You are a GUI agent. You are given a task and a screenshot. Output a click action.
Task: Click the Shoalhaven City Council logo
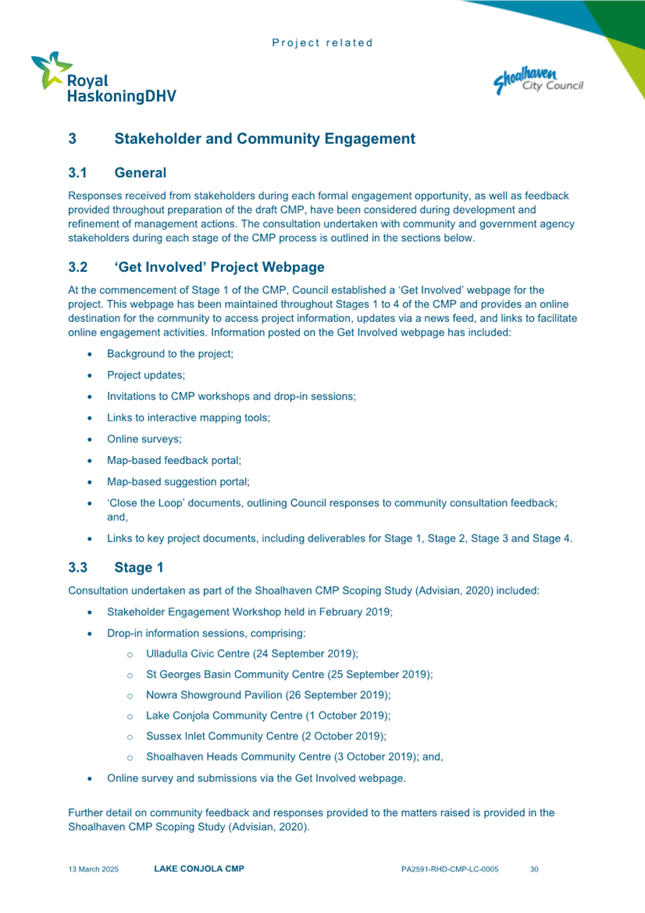[539, 80]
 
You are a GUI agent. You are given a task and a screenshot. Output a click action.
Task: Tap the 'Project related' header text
[323, 43]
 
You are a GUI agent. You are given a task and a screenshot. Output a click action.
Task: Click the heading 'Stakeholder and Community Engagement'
[264, 139]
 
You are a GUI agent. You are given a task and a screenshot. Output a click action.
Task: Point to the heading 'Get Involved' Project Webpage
[219, 268]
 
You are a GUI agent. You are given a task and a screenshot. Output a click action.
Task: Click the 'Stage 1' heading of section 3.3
[138, 568]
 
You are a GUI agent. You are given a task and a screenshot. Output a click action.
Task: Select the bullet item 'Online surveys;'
[142, 441]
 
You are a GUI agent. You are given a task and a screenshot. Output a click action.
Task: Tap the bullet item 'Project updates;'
[146, 374]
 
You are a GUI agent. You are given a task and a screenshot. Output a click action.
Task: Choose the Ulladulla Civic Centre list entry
[251, 654]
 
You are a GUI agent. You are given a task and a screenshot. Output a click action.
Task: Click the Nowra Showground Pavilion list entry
[268, 695]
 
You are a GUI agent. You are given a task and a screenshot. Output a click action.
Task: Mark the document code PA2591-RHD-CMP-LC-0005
[450, 869]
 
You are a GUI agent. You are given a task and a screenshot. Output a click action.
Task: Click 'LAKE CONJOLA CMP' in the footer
[199, 869]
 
